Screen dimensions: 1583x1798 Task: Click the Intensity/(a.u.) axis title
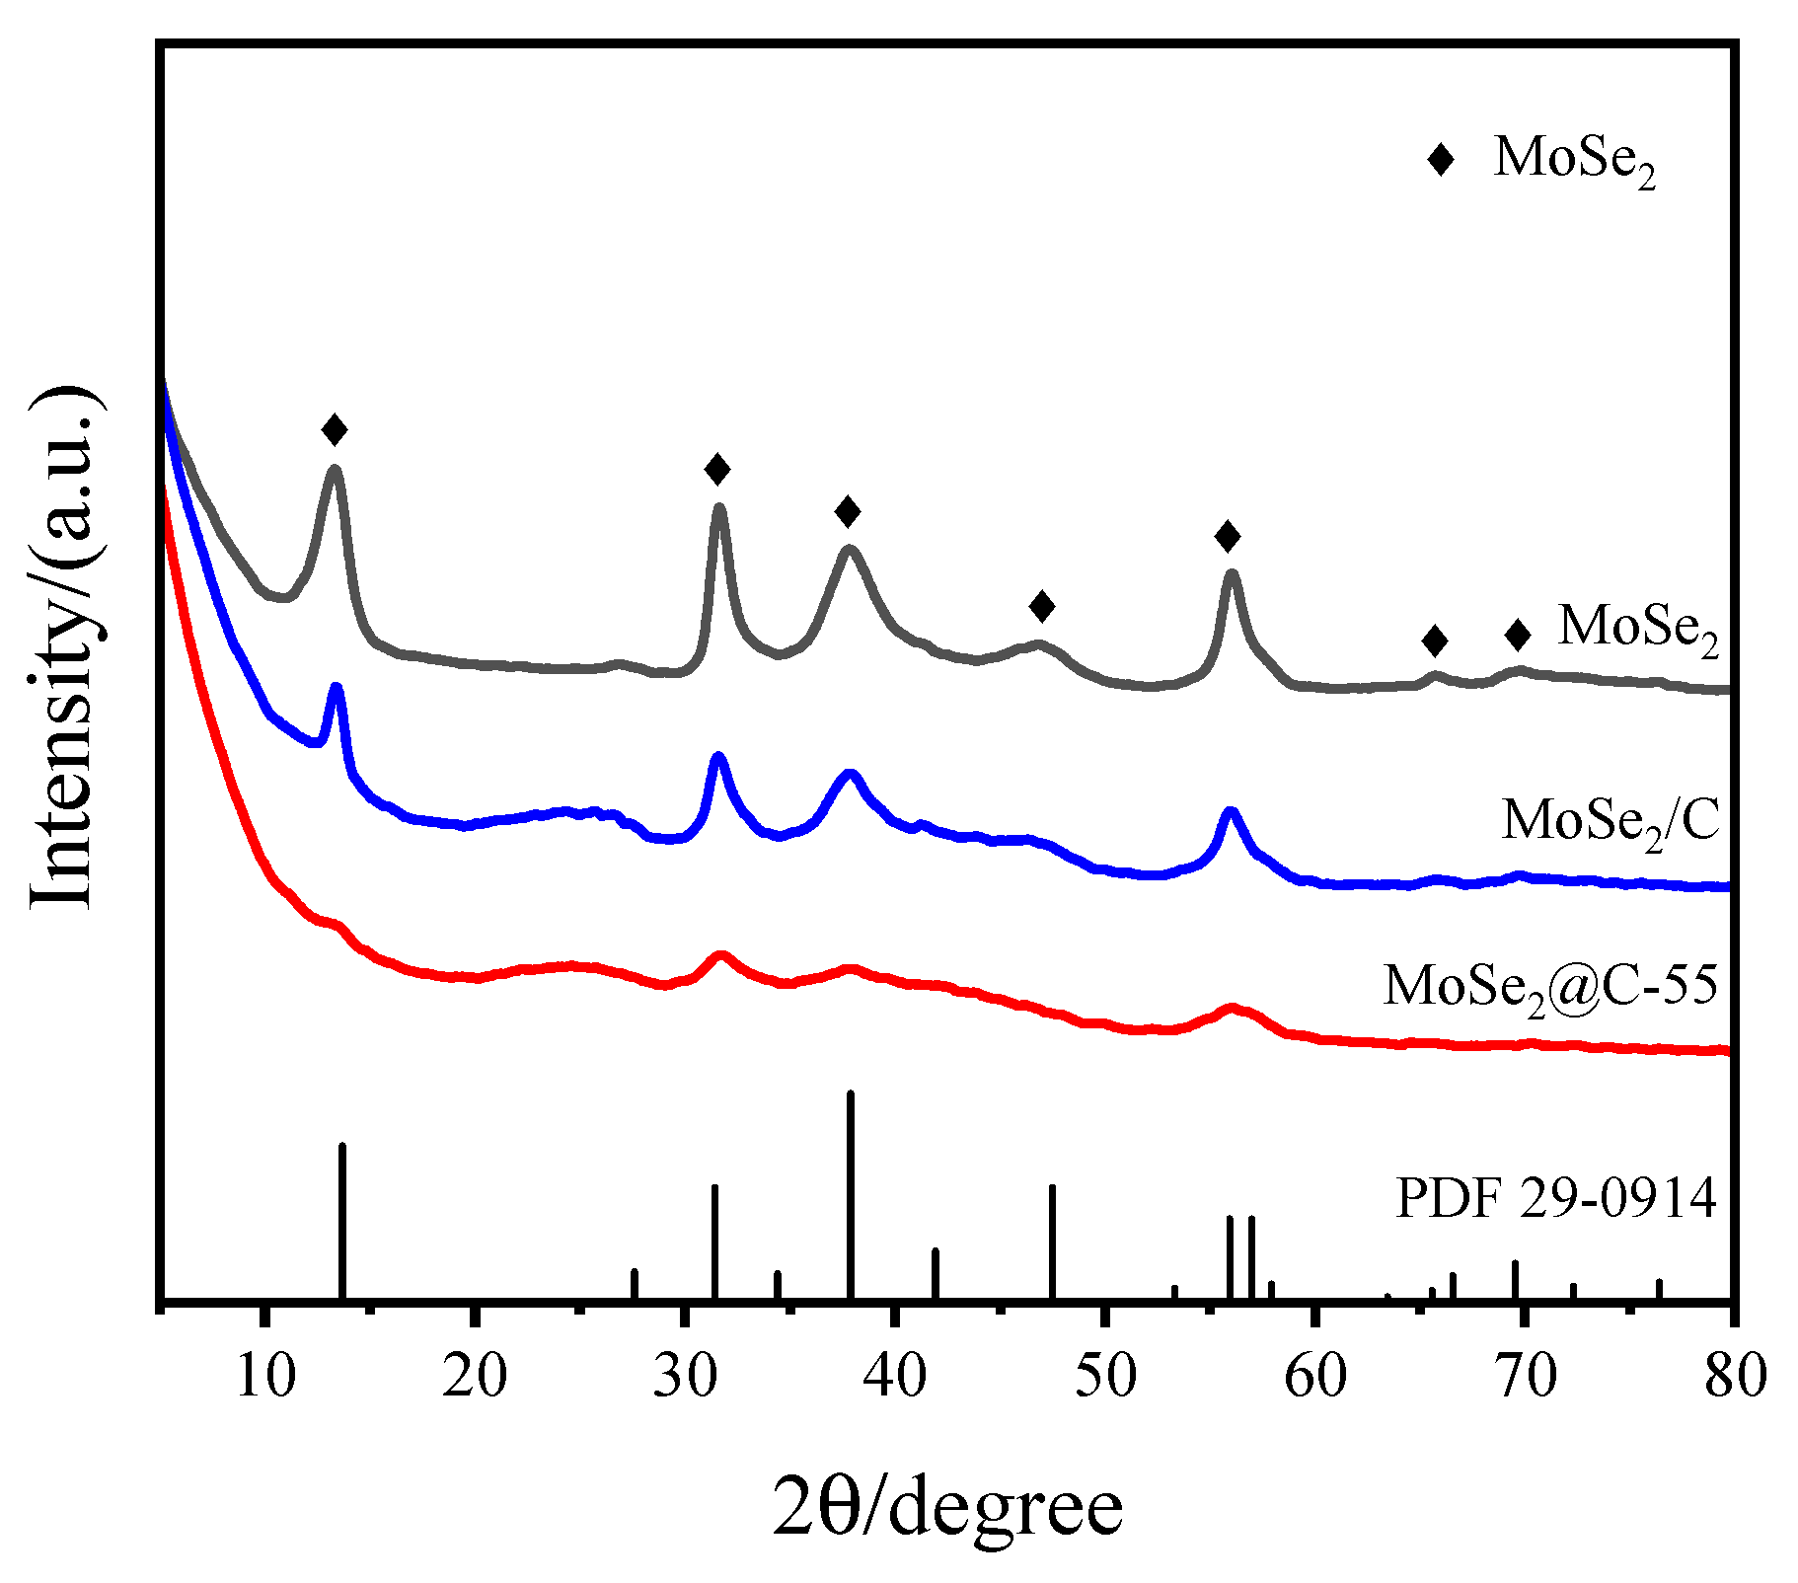(63, 646)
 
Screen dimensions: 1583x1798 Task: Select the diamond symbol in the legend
(1441, 159)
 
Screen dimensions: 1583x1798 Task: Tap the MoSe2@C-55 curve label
(1550, 985)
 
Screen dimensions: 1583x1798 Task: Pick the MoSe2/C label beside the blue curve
(1610, 820)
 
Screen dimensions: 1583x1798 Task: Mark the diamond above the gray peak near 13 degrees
(335, 429)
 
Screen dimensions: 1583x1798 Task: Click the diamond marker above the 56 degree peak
(1227, 536)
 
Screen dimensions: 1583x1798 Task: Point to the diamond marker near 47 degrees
(1041, 606)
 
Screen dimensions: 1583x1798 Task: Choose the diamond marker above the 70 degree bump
(1518, 635)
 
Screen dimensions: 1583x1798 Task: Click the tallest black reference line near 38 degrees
(851, 1194)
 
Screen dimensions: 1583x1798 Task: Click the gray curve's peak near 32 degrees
(719, 508)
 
